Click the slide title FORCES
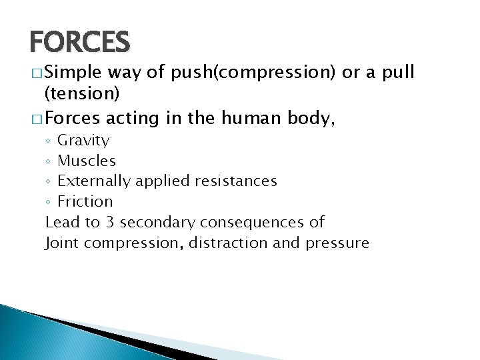(x=79, y=41)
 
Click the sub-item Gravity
(x=83, y=141)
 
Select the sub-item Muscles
(x=87, y=161)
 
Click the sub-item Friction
(x=85, y=201)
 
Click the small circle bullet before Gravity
(x=48, y=141)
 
